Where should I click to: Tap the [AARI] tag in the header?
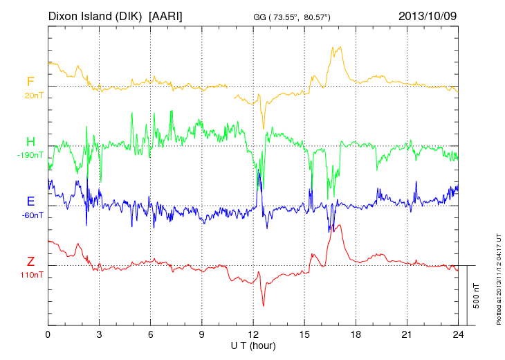pos(166,15)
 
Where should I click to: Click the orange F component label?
pos(30,82)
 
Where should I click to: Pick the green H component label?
pos(30,141)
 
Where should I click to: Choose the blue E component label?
pos(30,201)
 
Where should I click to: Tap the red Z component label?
pos(30,261)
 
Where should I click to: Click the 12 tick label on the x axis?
pos(253,334)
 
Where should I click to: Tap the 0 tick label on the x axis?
pos(48,334)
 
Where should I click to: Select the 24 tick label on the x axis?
pos(458,334)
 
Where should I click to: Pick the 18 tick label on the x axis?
pos(356,334)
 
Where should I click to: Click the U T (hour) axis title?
pos(253,345)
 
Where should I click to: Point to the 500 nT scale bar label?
pos(477,296)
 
